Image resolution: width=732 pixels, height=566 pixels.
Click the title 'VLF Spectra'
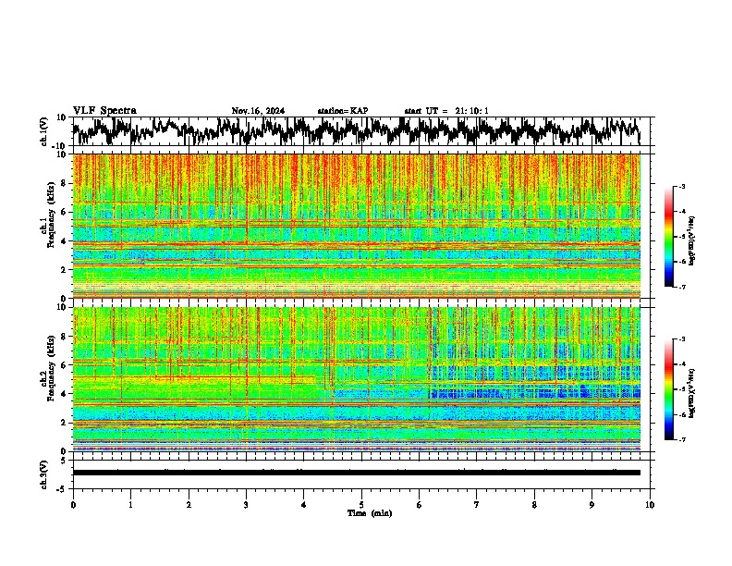[104, 111]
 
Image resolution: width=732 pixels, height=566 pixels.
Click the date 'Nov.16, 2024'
[258, 111]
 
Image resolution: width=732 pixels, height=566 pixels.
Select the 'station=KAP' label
[343, 111]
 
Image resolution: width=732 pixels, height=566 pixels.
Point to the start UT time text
[446, 111]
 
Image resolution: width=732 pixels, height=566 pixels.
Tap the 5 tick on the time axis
[361, 504]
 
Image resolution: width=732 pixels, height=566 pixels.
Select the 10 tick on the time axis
[650, 504]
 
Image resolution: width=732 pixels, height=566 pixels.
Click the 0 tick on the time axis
[73, 504]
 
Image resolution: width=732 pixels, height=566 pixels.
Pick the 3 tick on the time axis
[246, 504]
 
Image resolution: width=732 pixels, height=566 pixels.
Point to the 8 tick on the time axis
[534, 504]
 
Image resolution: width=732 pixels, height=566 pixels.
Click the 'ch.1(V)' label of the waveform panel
[44, 131]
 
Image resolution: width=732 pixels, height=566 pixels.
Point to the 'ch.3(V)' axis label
[44, 473]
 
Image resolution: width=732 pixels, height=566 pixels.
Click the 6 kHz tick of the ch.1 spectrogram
[65, 212]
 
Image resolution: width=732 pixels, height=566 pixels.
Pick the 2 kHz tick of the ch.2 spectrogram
[65, 423]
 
